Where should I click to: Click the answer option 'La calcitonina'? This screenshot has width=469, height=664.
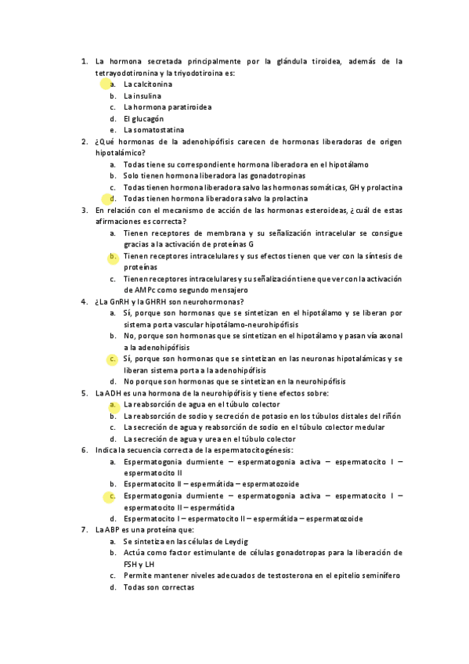pos(148,84)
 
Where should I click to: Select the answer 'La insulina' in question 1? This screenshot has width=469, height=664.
pos(143,96)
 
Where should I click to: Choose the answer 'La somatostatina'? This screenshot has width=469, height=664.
pos(153,130)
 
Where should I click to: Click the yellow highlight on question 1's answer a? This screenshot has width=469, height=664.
pos(106,83)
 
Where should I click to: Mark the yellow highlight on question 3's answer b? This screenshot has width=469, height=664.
pos(114,256)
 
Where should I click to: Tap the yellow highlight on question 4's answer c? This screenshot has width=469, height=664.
pos(114,359)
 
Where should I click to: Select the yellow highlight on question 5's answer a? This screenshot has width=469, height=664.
pos(114,404)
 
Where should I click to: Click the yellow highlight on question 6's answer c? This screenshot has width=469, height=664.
pos(114,496)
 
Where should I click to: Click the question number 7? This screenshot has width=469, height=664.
pos(85,530)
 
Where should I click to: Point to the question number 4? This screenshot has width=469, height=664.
pos(85,301)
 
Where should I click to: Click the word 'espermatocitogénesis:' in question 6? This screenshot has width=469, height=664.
pos(253,450)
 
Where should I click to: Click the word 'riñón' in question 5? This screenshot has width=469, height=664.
pos(391,416)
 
